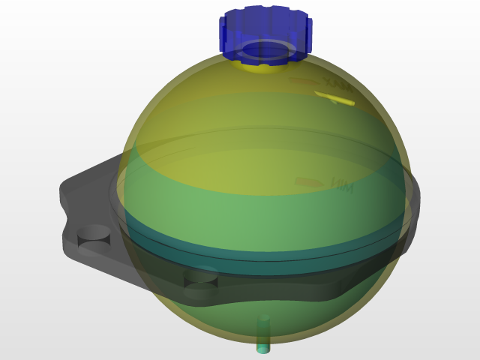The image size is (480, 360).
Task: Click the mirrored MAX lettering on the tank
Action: (x=337, y=80)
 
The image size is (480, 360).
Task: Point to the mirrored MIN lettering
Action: (x=341, y=184)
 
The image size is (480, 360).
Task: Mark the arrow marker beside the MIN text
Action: (x=306, y=181)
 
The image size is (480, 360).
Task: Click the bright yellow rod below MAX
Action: (x=334, y=97)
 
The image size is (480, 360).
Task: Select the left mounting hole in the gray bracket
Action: (x=94, y=233)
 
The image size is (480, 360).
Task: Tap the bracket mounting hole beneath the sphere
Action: (x=200, y=277)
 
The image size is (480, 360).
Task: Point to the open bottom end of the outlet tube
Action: (x=263, y=349)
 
